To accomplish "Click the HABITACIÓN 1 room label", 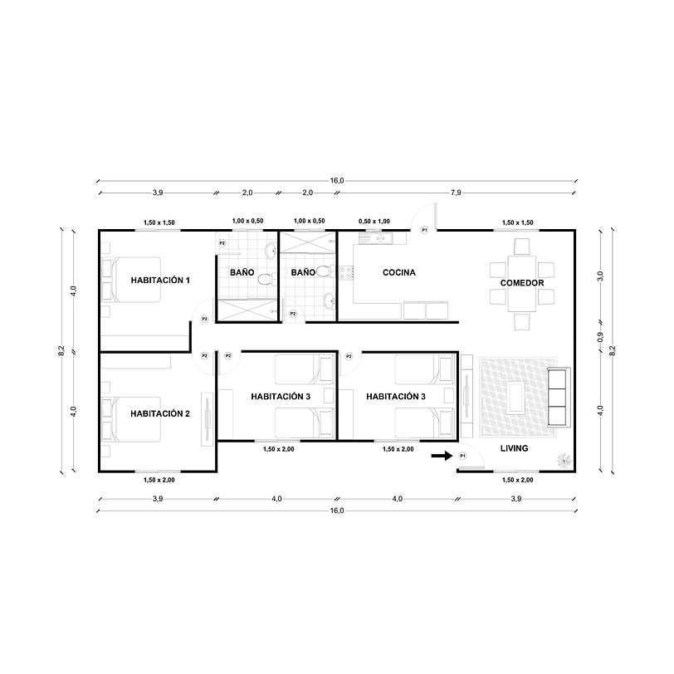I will (160, 281).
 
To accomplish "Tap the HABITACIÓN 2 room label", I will (160, 413).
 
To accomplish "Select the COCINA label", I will (398, 273).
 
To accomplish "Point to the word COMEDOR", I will (522, 283).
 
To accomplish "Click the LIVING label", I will (514, 449).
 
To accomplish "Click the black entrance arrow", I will (442, 456).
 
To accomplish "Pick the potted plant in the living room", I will (564, 458).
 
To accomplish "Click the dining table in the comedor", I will (522, 271).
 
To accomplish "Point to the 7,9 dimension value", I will (455, 193).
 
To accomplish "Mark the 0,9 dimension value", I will (600, 337).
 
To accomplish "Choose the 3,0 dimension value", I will (600, 276).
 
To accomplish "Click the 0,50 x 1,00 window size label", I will (374, 222).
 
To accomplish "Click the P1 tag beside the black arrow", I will (463, 457).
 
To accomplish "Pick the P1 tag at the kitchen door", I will (424, 229).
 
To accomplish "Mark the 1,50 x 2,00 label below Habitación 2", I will (159, 480).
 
